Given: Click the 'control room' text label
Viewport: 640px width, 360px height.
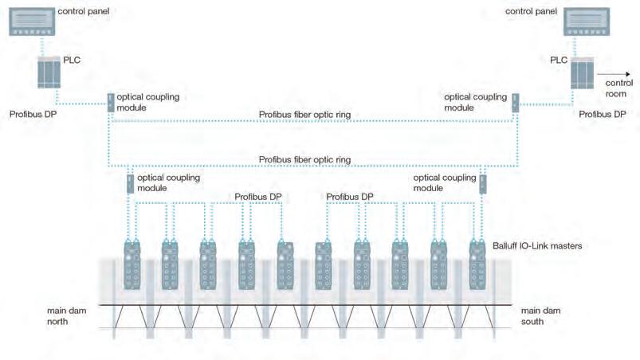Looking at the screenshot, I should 618,88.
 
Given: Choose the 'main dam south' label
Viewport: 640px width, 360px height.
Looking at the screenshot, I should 544,316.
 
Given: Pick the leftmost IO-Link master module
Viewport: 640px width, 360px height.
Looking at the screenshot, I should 132,263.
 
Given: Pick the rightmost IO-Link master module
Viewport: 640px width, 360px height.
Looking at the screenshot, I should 477,263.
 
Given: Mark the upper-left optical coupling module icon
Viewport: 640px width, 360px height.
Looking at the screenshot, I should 109,102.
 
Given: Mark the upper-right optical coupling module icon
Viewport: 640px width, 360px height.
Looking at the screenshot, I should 515,102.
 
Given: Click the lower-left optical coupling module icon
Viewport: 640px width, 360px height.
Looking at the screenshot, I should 130,182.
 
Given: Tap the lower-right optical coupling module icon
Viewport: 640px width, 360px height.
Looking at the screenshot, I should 482,184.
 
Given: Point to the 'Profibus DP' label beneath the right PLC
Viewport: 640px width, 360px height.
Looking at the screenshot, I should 603,115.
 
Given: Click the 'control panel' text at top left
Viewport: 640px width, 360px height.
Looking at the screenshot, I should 83,10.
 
